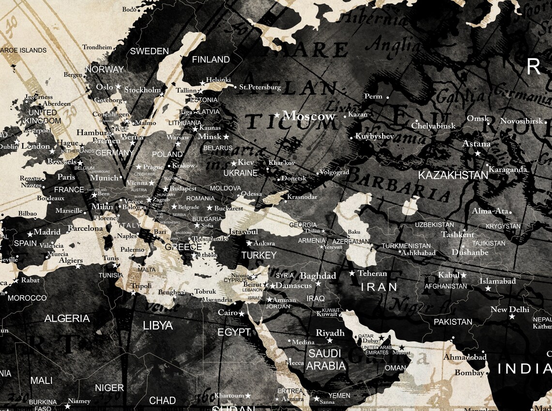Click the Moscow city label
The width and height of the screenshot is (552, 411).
308,116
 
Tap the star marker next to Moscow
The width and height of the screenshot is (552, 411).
277,116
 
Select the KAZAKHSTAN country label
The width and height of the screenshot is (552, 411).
453,175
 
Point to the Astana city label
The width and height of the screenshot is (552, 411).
476,144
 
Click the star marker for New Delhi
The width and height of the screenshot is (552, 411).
512,317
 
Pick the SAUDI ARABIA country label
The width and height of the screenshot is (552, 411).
325,359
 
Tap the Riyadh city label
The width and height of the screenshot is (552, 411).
330,333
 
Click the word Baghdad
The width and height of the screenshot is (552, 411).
318,276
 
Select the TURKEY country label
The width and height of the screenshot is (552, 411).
259,255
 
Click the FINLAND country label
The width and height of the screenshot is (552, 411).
211,59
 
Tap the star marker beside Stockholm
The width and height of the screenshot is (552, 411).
163,93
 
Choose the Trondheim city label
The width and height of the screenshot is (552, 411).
97,47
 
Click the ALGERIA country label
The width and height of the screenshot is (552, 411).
67,319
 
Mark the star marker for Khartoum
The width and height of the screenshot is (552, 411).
248,396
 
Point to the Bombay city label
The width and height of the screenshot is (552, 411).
469,373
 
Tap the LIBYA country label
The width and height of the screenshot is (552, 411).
158,325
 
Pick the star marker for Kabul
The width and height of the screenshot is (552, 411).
463,275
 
